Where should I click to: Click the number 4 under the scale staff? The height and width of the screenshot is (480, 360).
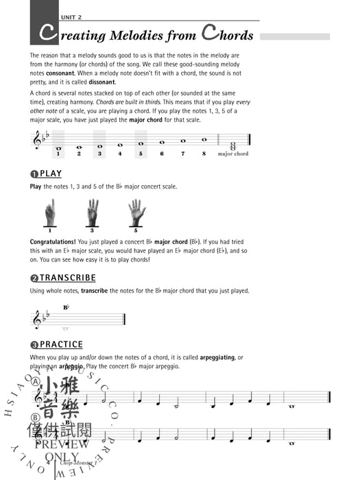(120, 154)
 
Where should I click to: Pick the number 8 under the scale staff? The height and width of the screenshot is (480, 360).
(204, 154)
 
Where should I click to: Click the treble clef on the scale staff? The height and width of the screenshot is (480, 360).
(37, 141)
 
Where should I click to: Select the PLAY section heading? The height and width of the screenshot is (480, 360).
(50, 174)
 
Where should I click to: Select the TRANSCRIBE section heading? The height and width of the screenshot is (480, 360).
(67, 278)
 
